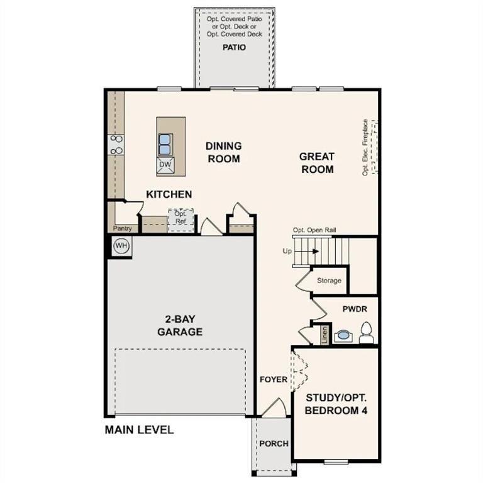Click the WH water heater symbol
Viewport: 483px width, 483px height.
coord(121,246)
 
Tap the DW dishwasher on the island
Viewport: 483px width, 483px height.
coord(165,165)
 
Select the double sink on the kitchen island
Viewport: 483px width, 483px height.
coord(165,143)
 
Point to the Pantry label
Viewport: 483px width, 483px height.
coord(121,228)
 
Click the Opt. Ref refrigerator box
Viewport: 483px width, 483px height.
coord(180,218)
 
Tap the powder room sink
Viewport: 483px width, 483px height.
coord(343,335)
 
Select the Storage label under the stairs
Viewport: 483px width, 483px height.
coord(329,280)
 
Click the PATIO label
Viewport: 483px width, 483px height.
coord(234,47)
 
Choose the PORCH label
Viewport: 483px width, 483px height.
coord(274,443)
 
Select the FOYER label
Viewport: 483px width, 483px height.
coord(274,379)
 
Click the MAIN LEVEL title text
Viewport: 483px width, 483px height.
coord(139,430)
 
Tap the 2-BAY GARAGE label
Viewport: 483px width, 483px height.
coord(180,326)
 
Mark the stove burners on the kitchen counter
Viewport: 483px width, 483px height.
coord(116,145)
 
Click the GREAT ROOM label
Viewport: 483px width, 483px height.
coord(317,163)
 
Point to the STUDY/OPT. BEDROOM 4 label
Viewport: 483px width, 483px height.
coord(336,404)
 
